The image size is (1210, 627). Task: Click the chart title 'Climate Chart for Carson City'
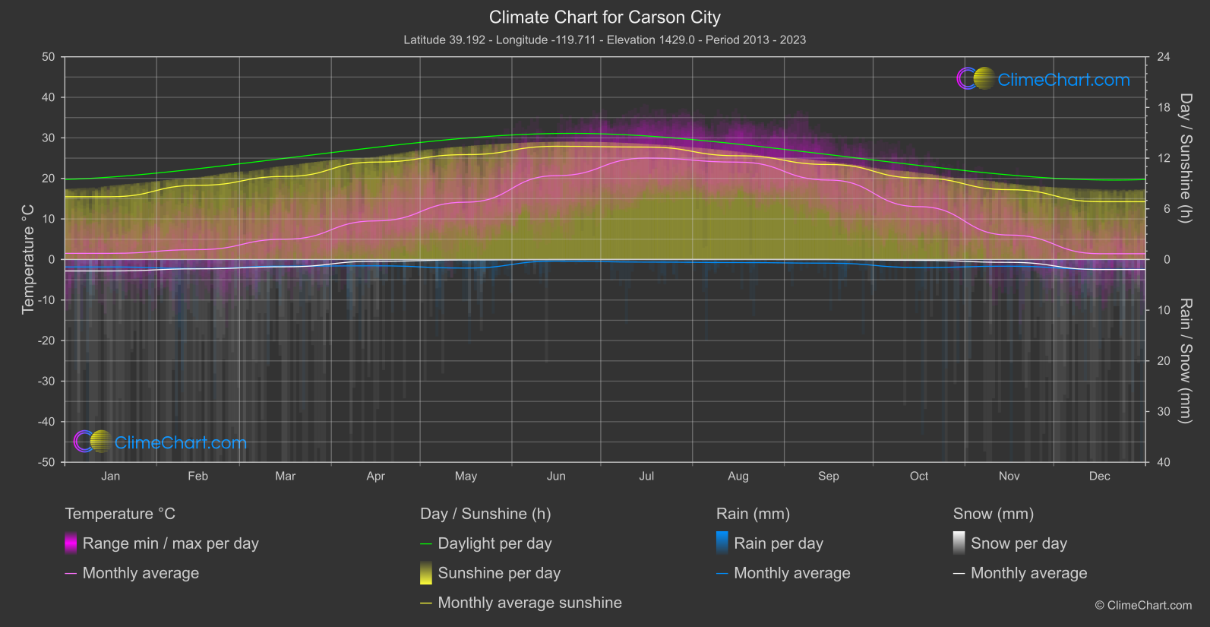605,17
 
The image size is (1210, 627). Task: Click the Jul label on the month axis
646,476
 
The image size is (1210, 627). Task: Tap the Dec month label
1099,476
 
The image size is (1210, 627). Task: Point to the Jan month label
111,476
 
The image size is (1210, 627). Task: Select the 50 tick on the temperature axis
49,57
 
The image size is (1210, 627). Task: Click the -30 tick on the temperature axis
46,381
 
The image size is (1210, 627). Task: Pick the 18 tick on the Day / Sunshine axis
1164,108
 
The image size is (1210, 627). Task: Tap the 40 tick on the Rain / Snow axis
1164,462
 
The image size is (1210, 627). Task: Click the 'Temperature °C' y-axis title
28,259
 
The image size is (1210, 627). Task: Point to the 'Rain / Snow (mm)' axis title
1186,360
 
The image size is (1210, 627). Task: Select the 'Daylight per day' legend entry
494,543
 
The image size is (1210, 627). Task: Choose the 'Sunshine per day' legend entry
499,573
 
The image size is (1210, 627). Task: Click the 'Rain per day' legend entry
778,543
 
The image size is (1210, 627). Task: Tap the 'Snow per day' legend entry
1019,543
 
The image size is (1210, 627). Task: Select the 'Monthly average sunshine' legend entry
529,603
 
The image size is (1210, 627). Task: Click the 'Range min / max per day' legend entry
170,543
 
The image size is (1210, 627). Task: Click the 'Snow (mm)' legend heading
993,514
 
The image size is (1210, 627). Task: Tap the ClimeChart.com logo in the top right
1044,79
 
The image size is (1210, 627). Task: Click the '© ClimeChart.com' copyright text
1143,605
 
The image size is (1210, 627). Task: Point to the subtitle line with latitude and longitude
605,40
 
